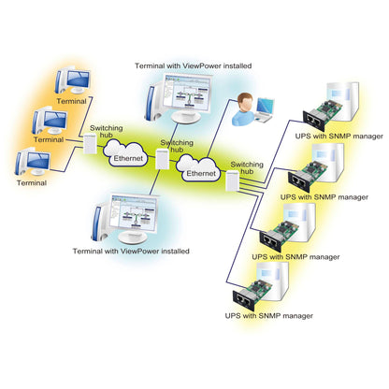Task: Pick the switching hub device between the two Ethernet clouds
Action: click(x=163, y=161)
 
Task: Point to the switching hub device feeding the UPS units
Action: click(x=232, y=184)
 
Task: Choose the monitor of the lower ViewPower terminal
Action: click(x=134, y=218)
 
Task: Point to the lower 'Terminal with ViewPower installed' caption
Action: click(x=130, y=252)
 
